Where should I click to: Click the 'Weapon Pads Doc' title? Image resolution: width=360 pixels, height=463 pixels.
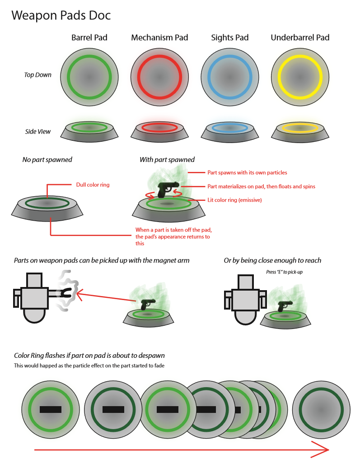pos(61,15)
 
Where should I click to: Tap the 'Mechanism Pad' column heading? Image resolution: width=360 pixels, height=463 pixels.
pos(159,37)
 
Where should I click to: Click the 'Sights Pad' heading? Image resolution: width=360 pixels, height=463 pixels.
pos(230,37)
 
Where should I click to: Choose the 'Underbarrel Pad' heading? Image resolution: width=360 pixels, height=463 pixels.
pos(300,37)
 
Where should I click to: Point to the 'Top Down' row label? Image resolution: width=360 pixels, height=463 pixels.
pos(37,75)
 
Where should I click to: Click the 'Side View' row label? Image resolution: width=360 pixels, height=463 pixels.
pos(38,132)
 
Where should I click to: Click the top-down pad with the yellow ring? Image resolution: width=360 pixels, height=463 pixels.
pos(299,75)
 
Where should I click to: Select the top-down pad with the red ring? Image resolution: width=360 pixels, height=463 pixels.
pos(159,75)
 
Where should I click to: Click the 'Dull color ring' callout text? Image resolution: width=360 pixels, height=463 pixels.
pos(93,185)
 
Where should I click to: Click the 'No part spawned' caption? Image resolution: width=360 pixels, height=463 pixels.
pos(47,160)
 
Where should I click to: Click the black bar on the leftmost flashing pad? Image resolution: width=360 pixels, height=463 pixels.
pos(50,409)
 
